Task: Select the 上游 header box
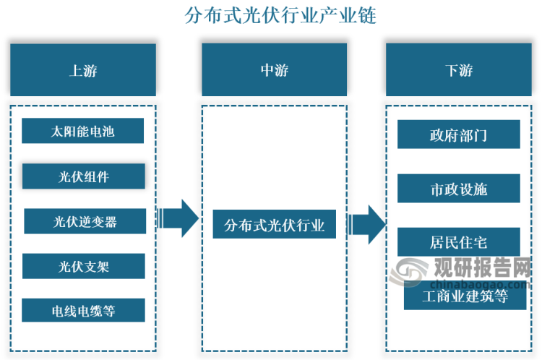coord(83,70)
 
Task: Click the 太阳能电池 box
coord(83,132)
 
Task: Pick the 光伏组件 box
coord(83,176)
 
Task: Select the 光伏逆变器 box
coord(85,221)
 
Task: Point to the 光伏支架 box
coord(83,266)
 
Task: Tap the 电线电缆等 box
coord(83,311)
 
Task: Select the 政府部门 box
coord(458,134)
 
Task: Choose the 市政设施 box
coord(458,189)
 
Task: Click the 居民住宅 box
coord(458,241)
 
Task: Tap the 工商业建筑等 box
coord(465,296)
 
